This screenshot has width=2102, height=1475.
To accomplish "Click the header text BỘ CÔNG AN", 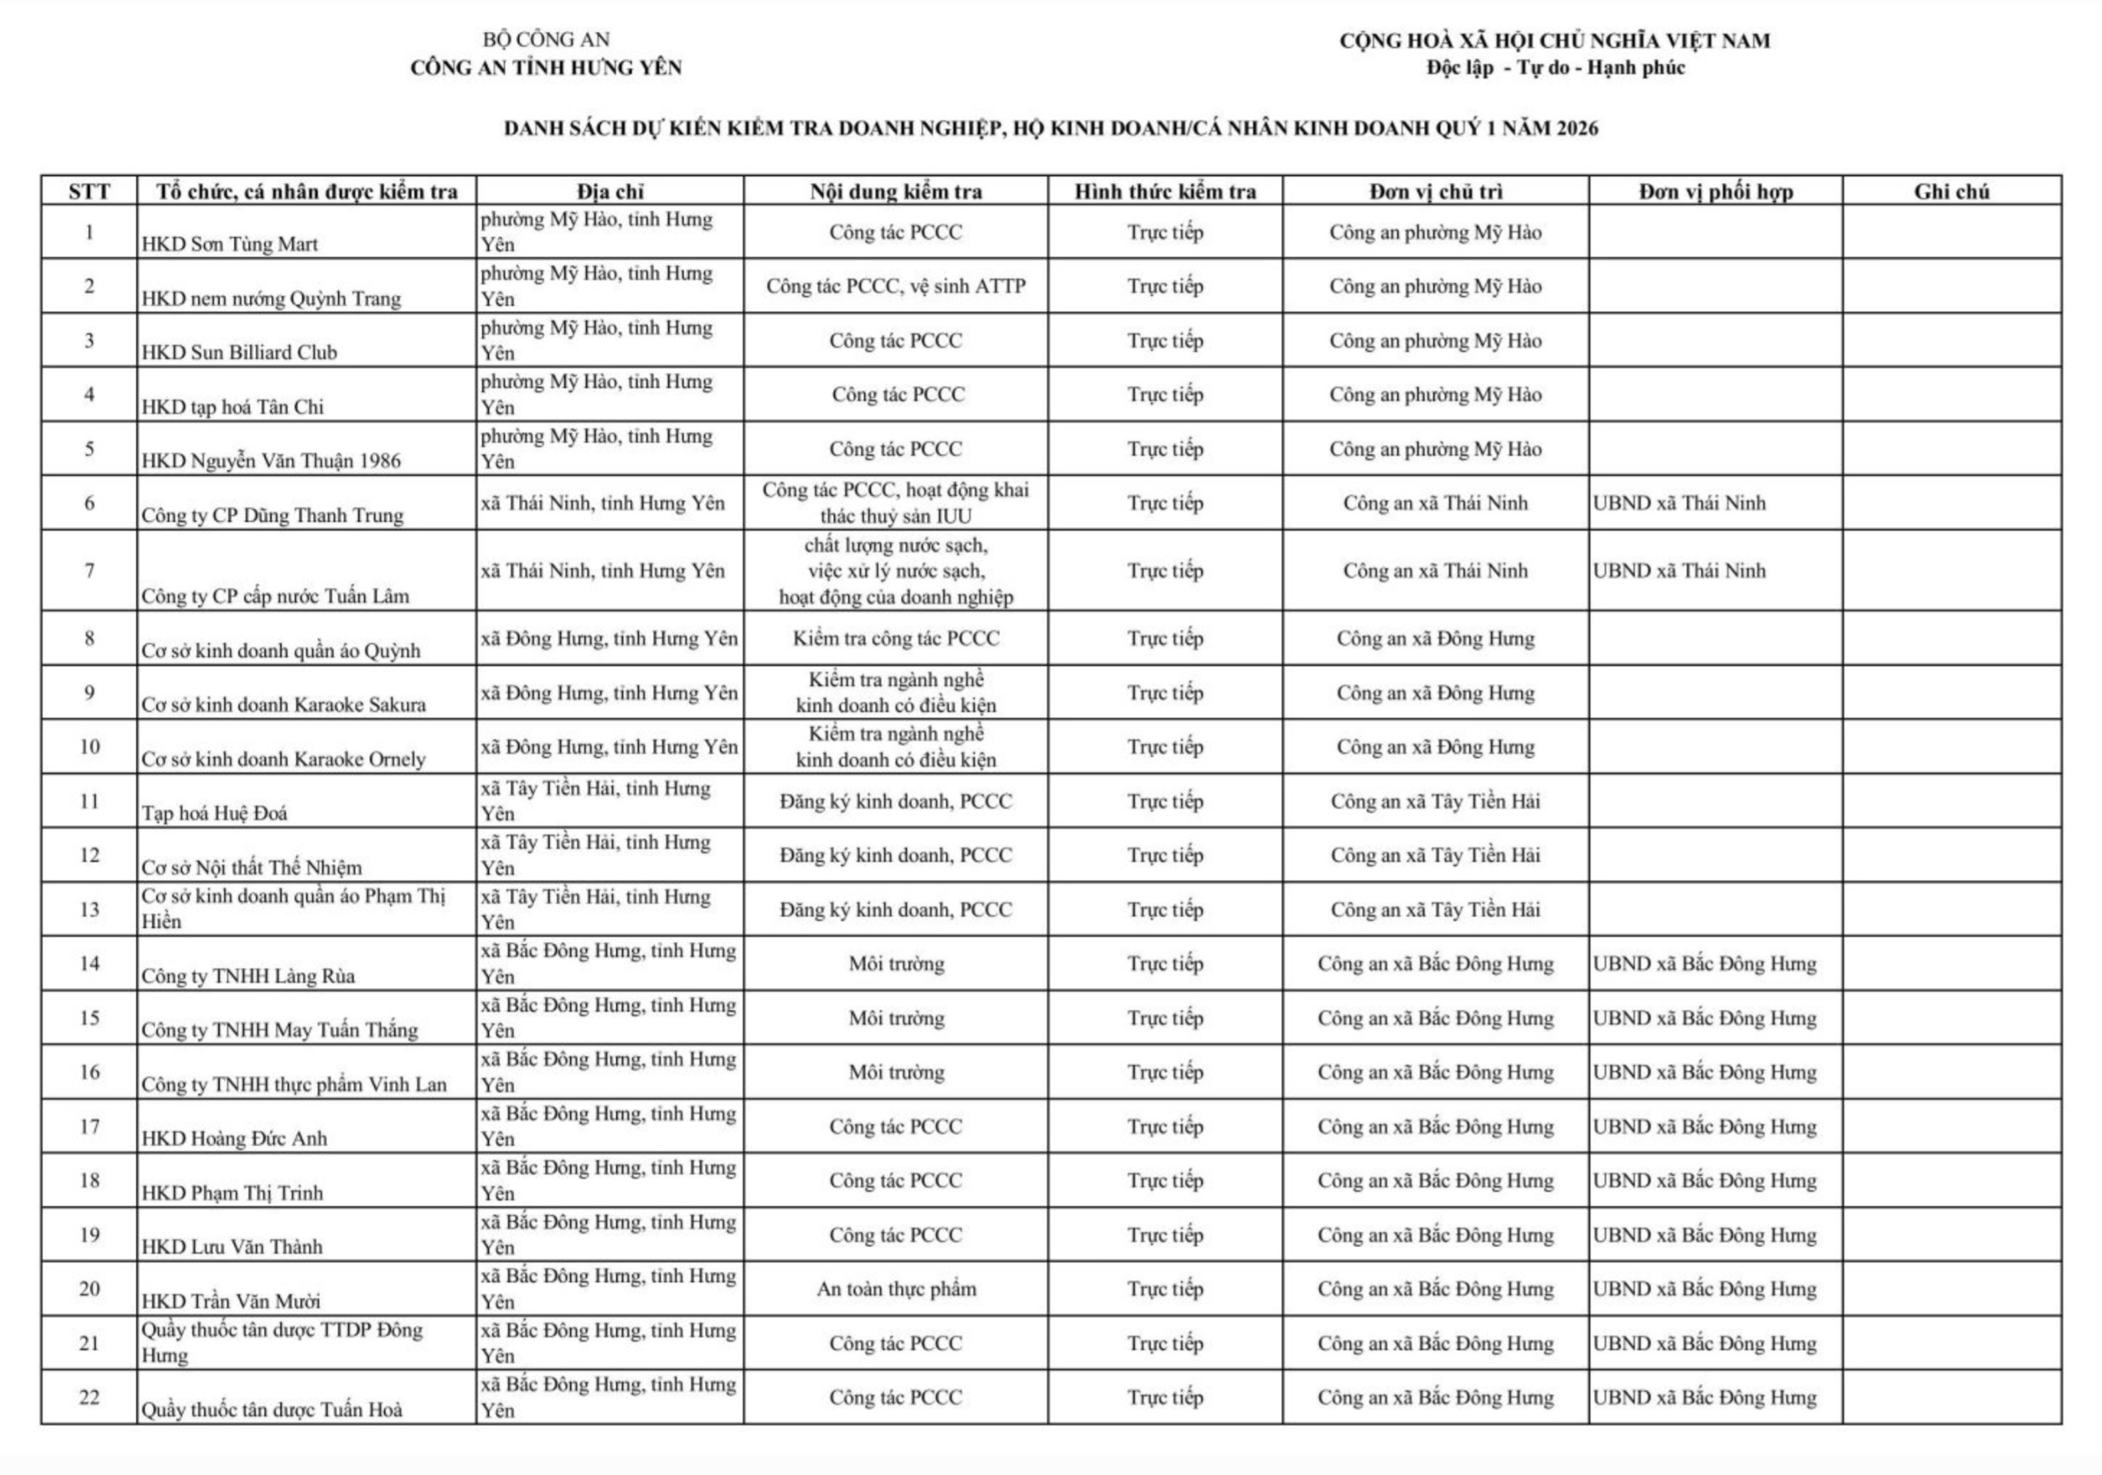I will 546,39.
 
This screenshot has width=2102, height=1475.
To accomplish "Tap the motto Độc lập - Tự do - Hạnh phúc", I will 1555,68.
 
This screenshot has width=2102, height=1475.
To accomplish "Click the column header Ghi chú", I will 1951,192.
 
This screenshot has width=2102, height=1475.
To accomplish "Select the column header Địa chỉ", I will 609,192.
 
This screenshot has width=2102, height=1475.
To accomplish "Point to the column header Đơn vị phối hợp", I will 1714,192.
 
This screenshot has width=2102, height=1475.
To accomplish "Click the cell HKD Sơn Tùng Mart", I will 230,244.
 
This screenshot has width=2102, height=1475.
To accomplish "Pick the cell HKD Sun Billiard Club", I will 239,352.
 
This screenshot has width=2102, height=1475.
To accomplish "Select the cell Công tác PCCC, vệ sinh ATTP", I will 896,286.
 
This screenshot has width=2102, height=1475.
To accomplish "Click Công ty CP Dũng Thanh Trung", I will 272,516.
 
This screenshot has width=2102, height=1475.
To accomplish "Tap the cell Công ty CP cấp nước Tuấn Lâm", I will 275,597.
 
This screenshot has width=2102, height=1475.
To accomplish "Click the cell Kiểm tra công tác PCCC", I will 896,639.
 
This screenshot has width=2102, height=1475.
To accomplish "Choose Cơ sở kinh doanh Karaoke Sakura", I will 283,705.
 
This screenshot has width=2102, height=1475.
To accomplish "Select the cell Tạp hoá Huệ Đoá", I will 214,813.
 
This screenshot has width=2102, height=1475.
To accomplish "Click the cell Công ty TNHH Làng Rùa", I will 247,976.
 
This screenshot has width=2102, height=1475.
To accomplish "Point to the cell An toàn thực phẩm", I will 896,1289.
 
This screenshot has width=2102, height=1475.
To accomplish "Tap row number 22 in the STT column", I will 89,1397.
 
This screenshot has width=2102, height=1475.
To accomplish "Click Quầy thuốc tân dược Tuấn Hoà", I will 271,1410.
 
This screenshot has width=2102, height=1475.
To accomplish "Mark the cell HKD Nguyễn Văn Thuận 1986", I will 271,461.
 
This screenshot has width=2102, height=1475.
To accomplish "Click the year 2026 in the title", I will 1574,128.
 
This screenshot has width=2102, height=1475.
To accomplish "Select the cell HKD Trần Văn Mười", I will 231,1301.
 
